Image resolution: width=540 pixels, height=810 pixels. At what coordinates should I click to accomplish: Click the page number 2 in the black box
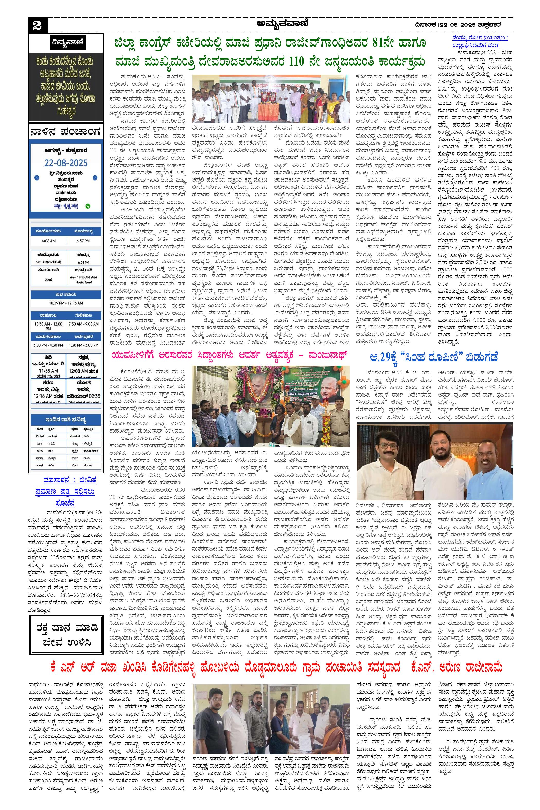pos(37,26)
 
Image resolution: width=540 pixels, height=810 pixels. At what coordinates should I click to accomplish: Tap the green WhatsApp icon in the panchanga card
pos(88,206)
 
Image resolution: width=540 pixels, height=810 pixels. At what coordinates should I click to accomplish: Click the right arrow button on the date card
pos(95,178)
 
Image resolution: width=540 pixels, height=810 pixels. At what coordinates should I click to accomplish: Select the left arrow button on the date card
pos(37,178)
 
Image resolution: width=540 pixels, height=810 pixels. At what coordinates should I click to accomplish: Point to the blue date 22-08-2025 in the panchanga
pos(66,163)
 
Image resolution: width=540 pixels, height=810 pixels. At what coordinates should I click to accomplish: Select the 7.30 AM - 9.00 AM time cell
pos(83,324)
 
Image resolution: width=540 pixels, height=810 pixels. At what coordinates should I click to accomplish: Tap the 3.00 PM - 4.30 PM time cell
pos(48,345)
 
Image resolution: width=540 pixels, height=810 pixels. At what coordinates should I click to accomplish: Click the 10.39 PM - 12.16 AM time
pos(66,303)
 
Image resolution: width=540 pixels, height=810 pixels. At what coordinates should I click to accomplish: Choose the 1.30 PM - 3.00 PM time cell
pos(83,345)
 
